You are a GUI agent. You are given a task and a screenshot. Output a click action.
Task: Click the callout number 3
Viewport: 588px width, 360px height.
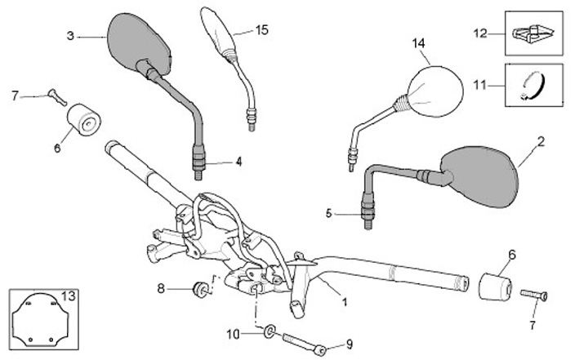70,35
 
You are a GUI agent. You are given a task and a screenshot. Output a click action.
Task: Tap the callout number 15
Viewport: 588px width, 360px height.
261,30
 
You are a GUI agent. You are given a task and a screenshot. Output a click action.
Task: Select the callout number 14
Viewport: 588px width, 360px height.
419,42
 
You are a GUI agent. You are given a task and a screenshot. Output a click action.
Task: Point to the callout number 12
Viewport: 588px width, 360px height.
480,33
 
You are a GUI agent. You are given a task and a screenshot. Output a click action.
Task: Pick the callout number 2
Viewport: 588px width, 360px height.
540,141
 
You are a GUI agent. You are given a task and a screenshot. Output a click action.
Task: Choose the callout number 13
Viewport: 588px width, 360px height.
68,295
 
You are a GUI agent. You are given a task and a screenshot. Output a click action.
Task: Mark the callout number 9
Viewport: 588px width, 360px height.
350,343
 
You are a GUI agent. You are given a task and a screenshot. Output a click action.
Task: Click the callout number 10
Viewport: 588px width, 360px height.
232,333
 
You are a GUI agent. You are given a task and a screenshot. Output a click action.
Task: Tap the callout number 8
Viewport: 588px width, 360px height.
162,287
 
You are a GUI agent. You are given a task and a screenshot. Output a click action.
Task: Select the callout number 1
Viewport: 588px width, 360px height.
344,301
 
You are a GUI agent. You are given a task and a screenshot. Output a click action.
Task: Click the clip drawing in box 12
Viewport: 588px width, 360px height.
534,33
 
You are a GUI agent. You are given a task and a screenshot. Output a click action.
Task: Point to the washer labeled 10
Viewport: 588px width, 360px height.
269,332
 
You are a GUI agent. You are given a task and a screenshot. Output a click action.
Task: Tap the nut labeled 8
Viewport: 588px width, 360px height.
198,288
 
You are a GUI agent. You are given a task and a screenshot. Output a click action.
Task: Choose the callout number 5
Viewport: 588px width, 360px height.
329,214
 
